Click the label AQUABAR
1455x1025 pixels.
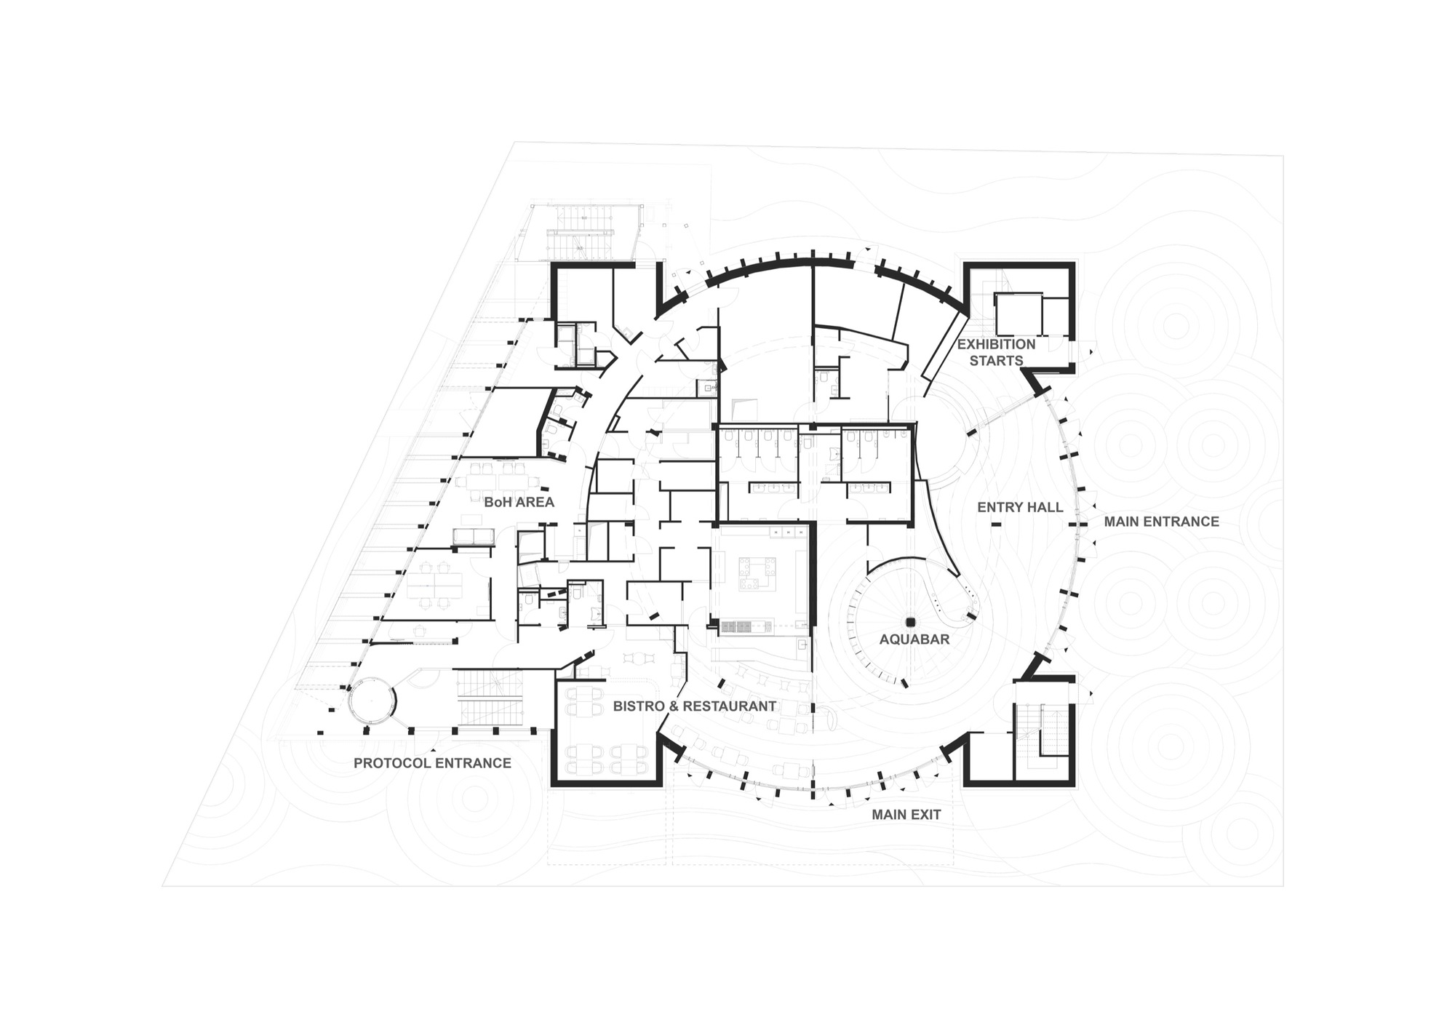click(x=914, y=639)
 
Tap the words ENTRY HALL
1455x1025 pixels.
click(x=1020, y=507)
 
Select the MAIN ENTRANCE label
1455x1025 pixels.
click(x=1161, y=522)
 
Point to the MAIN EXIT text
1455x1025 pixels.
click(x=906, y=815)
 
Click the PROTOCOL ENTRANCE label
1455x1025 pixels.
click(x=432, y=763)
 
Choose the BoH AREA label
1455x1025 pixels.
click(x=519, y=502)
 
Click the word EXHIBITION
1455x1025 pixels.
click(x=996, y=344)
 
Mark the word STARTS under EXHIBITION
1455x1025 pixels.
click(x=996, y=361)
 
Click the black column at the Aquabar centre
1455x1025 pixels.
click(x=909, y=622)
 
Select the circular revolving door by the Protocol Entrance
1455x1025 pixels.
click(x=371, y=700)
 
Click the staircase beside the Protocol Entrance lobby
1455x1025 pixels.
click(x=490, y=698)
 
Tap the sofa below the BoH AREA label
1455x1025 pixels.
click(x=474, y=537)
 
